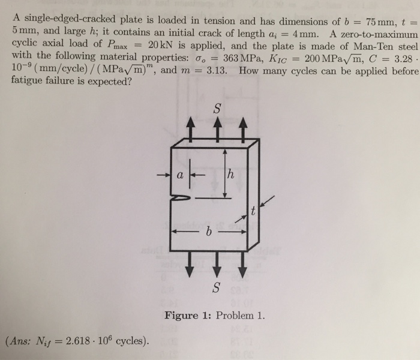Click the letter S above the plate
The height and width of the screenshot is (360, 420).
pyautogui.click(x=217, y=109)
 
